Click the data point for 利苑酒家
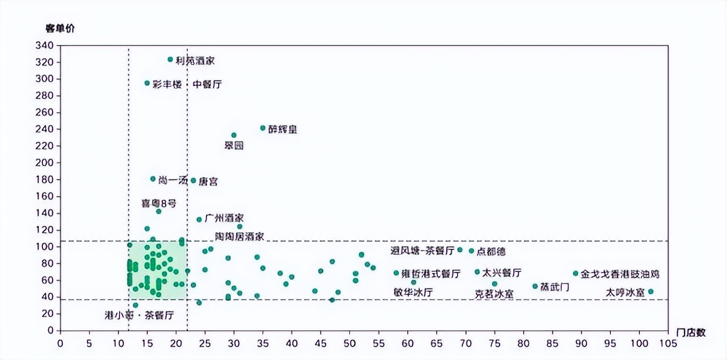[170, 59]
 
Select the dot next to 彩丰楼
[147, 83]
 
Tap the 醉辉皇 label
[283, 129]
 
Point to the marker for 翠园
[234, 135]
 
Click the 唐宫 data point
[193, 181]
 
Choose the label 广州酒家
[224, 218]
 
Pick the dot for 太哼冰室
[650, 292]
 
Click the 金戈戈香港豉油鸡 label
[620, 274]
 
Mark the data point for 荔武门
[535, 286]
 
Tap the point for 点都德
[471, 251]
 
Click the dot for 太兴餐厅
[477, 272]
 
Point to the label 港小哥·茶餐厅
[139, 315]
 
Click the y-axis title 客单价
[60, 29]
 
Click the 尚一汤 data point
[153, 179]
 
